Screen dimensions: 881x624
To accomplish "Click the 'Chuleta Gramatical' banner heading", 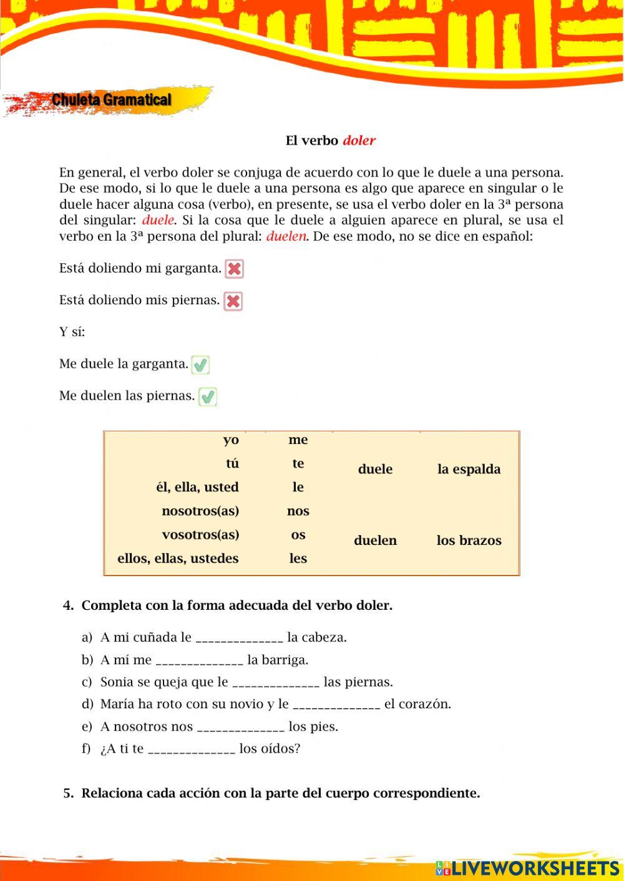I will coord(111,100).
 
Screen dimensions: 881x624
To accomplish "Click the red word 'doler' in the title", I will coord(359,141).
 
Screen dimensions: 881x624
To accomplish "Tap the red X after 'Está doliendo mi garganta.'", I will coord(234,269).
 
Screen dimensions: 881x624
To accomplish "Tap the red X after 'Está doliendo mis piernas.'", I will coord(233,301).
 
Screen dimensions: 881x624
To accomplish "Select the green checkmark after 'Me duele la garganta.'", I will coord(200,365).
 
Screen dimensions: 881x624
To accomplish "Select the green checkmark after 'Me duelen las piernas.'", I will coord(207,397).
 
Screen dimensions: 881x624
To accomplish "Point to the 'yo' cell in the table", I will coord(231,440).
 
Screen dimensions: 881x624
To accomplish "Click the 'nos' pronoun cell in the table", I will coord(298,511).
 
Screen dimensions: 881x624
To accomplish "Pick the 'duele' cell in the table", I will coord(375,469).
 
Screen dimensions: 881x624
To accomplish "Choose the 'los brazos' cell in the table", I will coord(469,541).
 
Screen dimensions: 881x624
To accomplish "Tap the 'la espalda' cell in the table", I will coord(469,469).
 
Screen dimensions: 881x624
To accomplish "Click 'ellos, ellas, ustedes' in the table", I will coord(178,559).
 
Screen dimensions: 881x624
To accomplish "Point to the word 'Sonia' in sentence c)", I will coord(117,682).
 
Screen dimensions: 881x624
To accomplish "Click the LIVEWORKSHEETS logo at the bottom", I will coord(527,868).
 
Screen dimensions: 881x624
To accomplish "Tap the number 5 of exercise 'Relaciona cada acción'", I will coord(68,794).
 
